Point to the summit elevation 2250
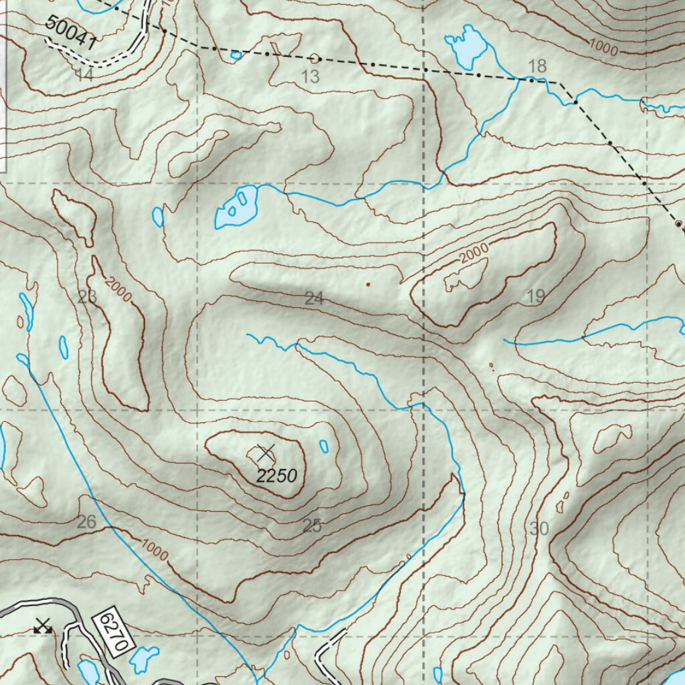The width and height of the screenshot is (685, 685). pyautogui.click(x=276, y=476)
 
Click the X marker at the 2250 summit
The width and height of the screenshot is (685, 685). pyautogui.click(x=266, y=453)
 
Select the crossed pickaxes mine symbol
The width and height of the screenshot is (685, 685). pyautogui.click(x=43, y=626)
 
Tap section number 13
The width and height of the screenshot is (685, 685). pyautogui.click(x=310, y=77)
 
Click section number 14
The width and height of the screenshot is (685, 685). pyautogui.click(x=84, y=75)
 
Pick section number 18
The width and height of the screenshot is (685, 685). pyautogui.click(x=537, y=66)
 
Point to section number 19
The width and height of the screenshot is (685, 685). pyautogui.click(x=536, y=296)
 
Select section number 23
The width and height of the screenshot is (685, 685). pyautogui.click(x=87, y=297)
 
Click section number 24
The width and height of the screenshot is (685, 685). pyautogui.click(x=314, y=299)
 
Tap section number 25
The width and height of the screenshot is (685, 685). pyautogui.click(x=312, y=526)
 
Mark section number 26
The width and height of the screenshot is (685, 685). pyautogui.click(x=86, y=522)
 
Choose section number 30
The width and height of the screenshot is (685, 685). pyautogui.click(x=539, y=529)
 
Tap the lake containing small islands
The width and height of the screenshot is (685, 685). pyautogui.click(x=236, y=207)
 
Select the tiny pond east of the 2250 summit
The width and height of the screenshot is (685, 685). pyautogui.click(x=324, y=446)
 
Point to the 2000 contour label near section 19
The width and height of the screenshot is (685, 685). pyautogui.click(x=474, y=253)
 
